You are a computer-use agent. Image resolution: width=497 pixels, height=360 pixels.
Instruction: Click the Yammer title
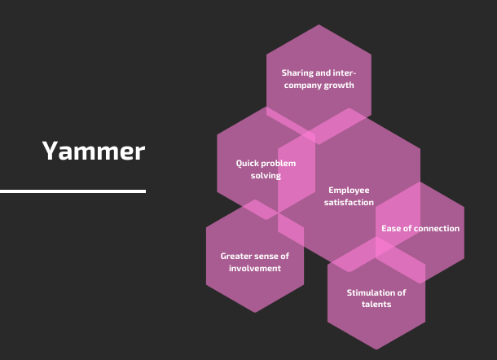coord(94,151)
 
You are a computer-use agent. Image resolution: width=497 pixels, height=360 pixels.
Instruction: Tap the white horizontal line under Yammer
coord(73,191)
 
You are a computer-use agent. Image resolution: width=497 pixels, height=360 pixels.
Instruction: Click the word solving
coord(266,176)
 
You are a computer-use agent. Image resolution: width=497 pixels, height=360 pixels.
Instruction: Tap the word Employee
coord(349,191)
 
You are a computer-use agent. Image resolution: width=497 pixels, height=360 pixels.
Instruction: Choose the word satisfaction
coord(349,202)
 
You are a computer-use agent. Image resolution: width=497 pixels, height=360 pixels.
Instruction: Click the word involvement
coord(255,269)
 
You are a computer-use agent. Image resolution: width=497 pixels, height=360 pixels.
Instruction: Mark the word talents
coord(376,305)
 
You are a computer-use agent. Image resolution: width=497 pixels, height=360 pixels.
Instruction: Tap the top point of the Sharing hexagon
coord(319,24)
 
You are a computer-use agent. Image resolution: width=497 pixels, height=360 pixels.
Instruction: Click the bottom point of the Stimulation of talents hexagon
coord(376,349)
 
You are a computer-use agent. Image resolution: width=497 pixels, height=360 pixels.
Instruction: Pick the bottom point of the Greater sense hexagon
coord(255,313)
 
